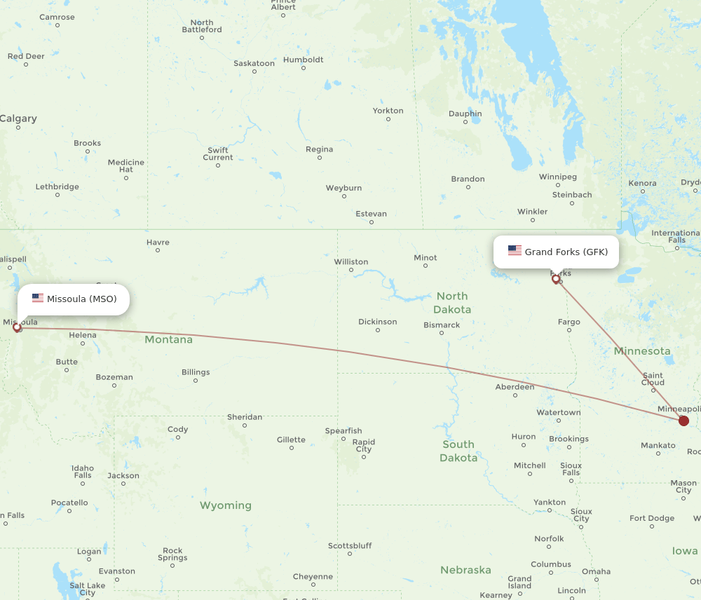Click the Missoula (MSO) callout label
point(74,299)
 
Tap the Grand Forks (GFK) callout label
point(556,252)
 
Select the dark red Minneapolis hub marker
point(683,421)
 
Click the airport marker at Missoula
point(17,327)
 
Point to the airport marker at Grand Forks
point(556,280)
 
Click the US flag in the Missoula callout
point(38,299)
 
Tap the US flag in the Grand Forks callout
point(515,251)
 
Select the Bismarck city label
point(442,325)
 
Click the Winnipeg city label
point(558,177)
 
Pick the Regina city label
point(320,150)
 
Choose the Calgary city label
point(18,118)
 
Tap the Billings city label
point(195,372)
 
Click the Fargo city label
point(569,322)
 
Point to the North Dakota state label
point(452,303)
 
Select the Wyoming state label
point(225,505)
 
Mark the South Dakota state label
point(458,451)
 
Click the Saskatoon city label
point(254,64)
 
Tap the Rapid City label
point(363,446)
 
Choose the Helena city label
point(83,335)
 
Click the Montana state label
point(168,340)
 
